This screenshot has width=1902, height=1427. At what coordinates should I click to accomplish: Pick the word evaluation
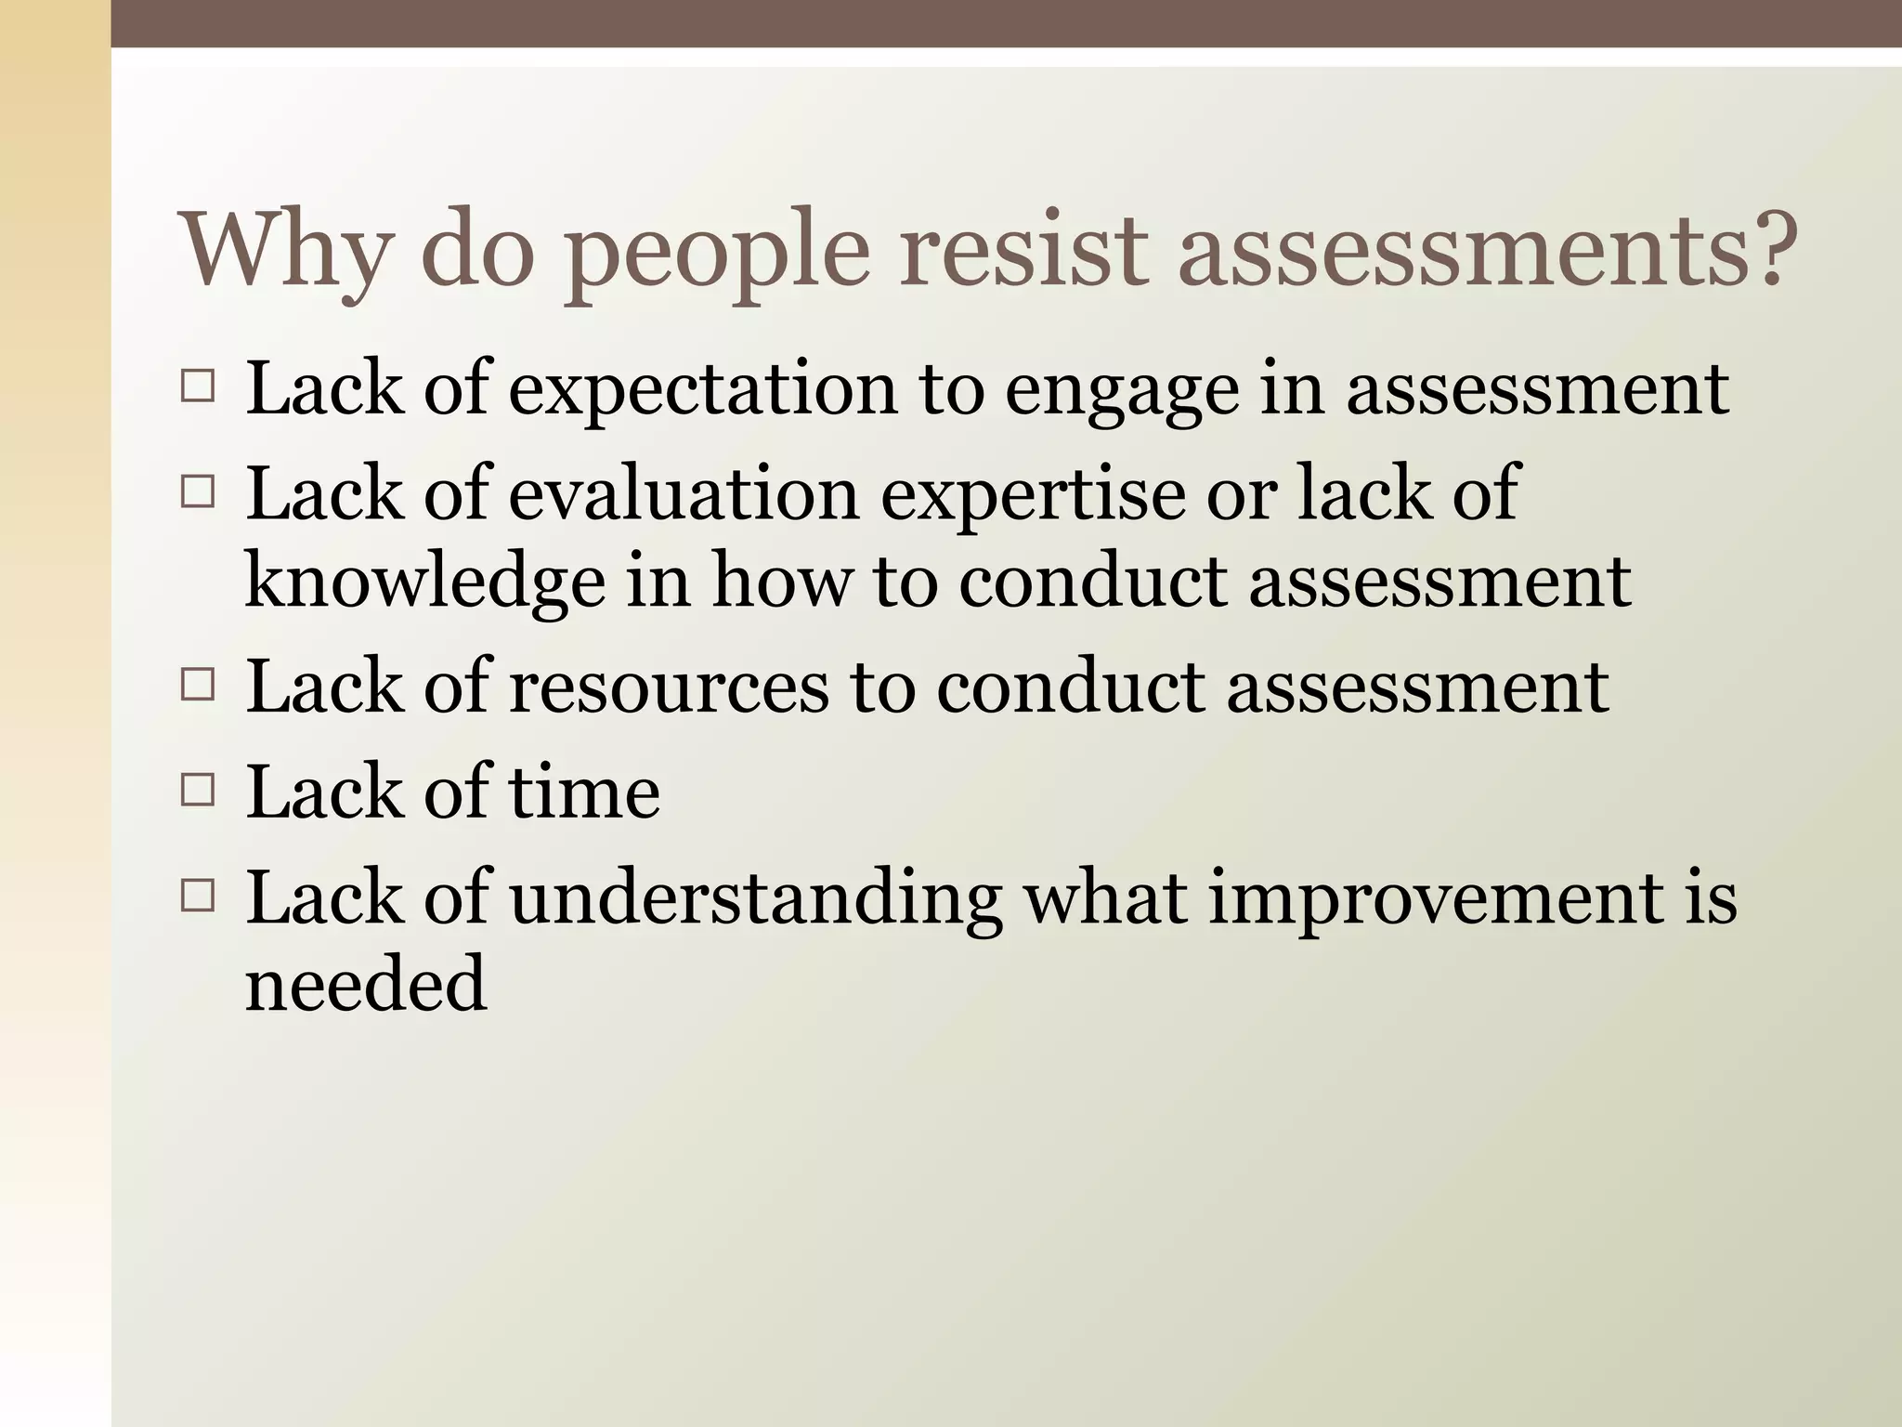pos(684,493)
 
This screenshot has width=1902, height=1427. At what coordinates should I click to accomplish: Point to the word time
pos(584,792)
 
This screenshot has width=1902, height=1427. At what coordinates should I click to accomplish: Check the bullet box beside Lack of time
pos(198,792)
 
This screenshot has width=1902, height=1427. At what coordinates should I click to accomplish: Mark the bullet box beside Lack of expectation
pos(198,386)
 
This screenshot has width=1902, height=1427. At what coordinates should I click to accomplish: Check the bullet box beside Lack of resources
pos(198,687)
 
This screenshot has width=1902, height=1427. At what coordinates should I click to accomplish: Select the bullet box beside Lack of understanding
pos(198,897)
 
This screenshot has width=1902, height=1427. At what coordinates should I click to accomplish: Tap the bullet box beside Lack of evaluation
pos(198,491)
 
